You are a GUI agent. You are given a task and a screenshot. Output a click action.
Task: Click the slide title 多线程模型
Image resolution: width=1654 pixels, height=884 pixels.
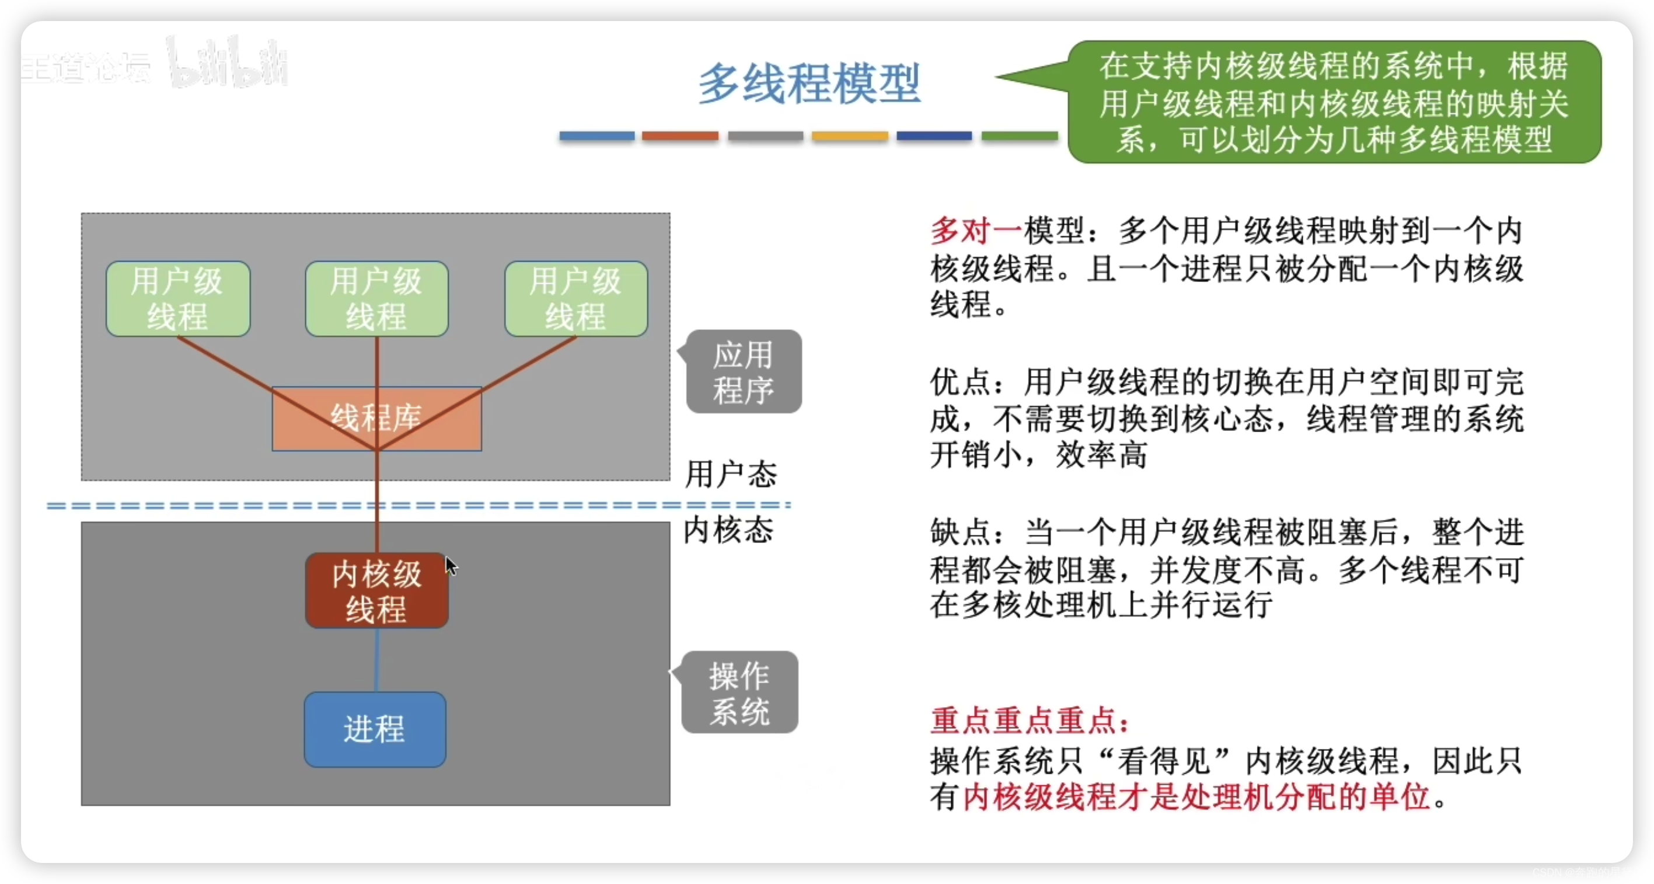(809, 84)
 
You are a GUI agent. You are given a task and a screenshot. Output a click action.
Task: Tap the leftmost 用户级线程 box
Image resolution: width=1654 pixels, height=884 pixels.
(178, 299)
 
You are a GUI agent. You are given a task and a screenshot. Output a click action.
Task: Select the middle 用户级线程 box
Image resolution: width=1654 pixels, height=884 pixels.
(377, 299)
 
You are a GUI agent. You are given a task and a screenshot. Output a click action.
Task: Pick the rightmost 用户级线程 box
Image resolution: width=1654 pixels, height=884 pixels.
(576, 299)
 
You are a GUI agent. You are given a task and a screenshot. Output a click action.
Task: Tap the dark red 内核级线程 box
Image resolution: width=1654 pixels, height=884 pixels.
(376, 590)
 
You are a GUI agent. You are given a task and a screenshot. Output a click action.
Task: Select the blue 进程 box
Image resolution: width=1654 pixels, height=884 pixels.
(375, 729)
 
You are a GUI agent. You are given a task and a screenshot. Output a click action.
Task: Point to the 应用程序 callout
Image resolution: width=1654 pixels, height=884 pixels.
(744, 372)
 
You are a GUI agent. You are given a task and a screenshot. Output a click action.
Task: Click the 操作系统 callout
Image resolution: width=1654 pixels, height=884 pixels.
(739, 692)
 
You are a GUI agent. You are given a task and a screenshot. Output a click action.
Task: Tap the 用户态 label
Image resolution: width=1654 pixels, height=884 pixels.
(731, 474)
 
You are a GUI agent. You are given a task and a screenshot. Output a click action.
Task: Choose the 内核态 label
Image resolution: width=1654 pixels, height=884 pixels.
(728, 531)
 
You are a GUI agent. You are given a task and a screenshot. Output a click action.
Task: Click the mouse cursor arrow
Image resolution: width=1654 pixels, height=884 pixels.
(451, 565)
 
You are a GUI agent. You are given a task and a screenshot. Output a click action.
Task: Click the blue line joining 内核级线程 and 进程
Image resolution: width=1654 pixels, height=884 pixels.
(376, 660)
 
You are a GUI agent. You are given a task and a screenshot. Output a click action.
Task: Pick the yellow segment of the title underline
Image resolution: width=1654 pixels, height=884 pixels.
(850, 135)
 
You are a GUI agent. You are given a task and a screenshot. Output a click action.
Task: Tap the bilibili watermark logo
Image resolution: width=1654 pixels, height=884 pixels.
(228, 63)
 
